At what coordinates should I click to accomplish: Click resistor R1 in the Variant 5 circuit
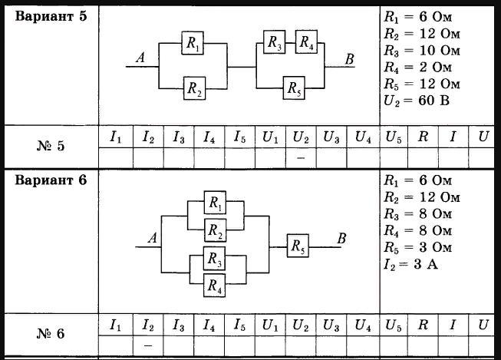pyautogui.click(x=193, y=44)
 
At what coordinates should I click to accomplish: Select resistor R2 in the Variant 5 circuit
pyautogui.click(x=194, y=88)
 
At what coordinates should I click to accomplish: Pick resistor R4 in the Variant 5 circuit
pyautogui.click(x=307, y=41)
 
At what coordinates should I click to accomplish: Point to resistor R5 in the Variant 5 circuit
pyautogui.click(x=295, y=88)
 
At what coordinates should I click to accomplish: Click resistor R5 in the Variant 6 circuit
pyautogui.click(x=298, y=246)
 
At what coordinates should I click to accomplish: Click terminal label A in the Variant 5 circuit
pyautogui.click(x=140, y=56)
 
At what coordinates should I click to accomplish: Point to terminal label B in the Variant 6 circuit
pyautogui.click(x=341, y=239)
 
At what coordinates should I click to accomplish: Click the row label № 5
pyautogui.click(x=51, y=147)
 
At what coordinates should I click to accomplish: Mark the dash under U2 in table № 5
pyautogui.click(x=300, y=157)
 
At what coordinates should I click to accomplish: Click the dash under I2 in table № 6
pyautogui.click(x=148, y=345)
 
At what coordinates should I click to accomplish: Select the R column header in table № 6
pyautogui.click(x=422, y=325)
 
